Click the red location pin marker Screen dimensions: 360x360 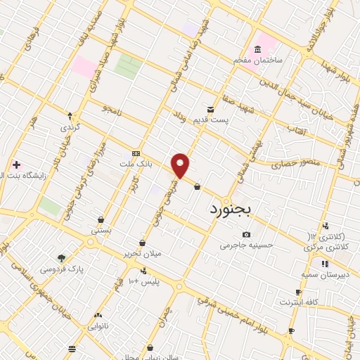click(181, 166)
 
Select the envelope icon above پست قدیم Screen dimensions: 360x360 click(211, 109)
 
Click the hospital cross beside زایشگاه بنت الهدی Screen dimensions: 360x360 click(16, 165)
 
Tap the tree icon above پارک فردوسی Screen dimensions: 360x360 click(61, 258)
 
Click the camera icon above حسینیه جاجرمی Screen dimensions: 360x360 click(246, 235)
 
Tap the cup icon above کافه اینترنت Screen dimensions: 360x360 click(299, 292)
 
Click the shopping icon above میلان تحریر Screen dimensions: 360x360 click(143, 243)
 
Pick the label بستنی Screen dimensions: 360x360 click(101, 230)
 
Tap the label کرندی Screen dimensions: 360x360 click(70, 128)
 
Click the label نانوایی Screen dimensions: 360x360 click(98, 326)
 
